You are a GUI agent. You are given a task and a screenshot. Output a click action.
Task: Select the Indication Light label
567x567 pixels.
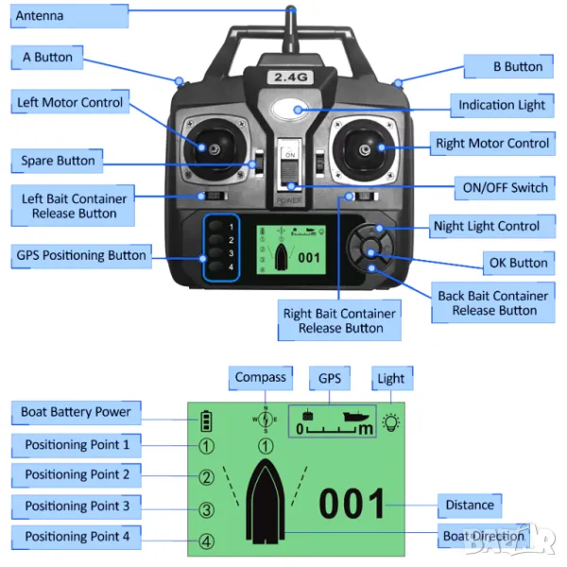pyautogui.click(x=502, y=105)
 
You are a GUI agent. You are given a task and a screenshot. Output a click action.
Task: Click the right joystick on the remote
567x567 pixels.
pyautogui.click(x=365, y=146)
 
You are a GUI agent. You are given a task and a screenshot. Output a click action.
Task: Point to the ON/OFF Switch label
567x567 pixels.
pyautogui.click(x=502, y=187)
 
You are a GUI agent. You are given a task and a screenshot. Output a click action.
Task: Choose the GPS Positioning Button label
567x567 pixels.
pyautogui.click(x=81, y=255)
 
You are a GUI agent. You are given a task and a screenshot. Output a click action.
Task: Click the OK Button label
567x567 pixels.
pyautogui.click(x=516, y=263)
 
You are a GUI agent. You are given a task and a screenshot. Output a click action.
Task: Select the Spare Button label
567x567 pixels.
pyautogui.click(x=59, y=161)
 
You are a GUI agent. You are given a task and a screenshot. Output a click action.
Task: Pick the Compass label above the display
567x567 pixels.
pyautogui.click(x=261, y=378)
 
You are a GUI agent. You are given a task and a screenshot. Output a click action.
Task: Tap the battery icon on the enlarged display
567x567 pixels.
pyautogui.click(x=206, y=421)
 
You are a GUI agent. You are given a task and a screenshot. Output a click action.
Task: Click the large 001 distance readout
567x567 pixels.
pyautogui.click(x=352, y=504)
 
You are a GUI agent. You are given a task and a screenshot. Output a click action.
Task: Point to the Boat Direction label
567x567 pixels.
pyautogui.click(x=483, y=536)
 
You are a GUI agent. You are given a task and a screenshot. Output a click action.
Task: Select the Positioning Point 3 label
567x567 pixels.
pyautogui.click(x=77, y=507)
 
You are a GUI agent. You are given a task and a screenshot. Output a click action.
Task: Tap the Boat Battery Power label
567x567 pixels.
pyautogui.click(x=76, y=412)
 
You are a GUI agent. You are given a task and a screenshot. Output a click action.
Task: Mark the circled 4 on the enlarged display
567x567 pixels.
pyautogui.click(x=206, y=542)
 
